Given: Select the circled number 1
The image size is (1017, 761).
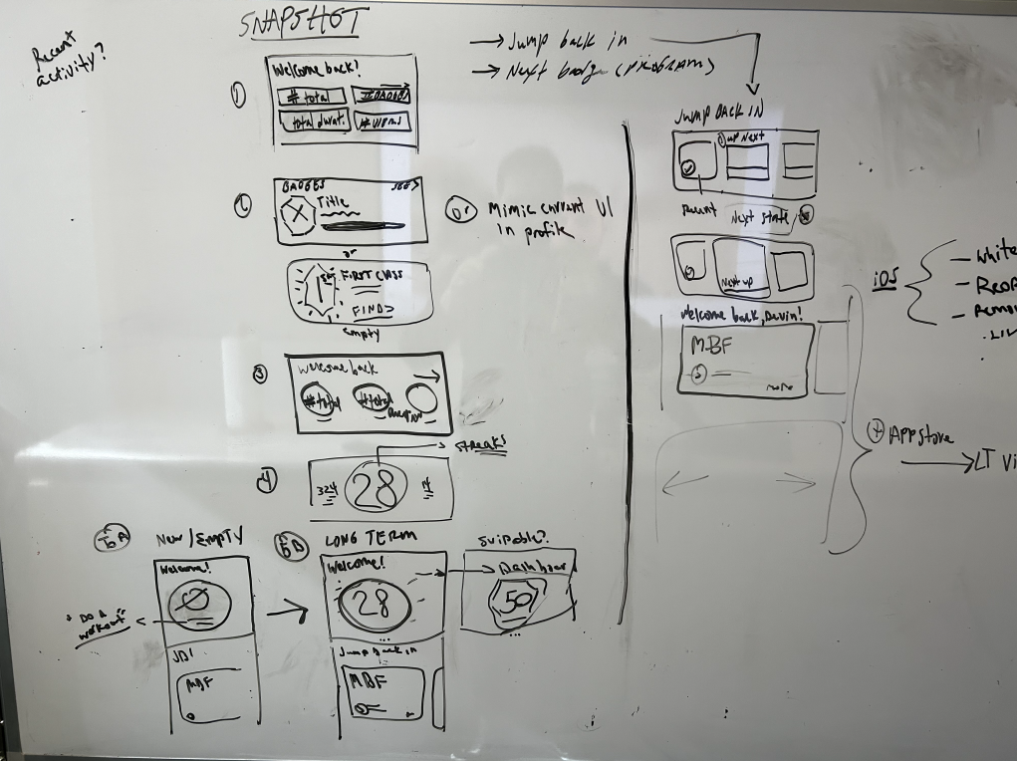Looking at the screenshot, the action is (238, 96).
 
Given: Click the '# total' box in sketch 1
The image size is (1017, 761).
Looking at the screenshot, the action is (311, 97).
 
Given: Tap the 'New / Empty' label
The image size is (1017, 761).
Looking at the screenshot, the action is (199, 539).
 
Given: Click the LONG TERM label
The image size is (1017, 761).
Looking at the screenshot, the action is (370, 538).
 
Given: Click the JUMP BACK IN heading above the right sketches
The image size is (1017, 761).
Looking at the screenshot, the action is (712, 115).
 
